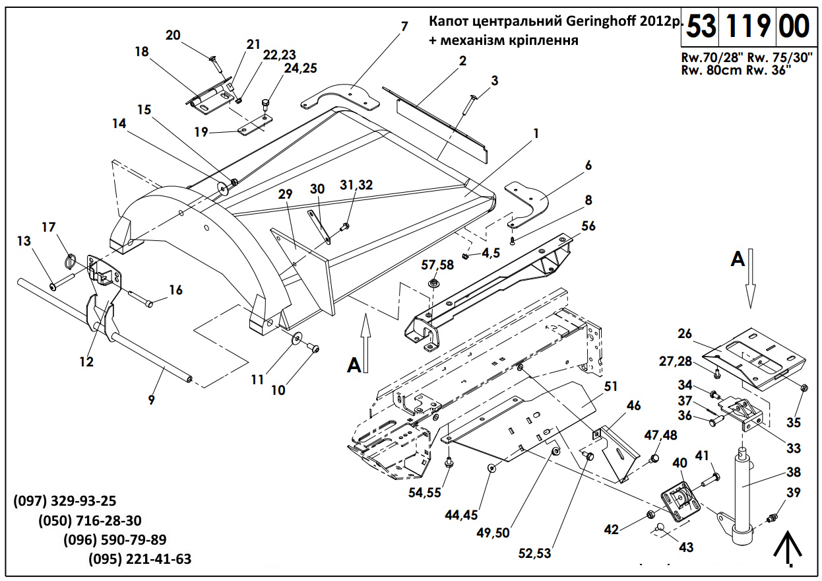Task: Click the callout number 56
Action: point(588,226)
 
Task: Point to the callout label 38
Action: point(793,473)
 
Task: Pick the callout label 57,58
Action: point(438,265)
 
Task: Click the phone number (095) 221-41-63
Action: point(140,559)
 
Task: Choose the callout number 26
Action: point(685,334)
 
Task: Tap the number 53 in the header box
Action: point(701,28)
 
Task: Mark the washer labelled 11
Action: point(298,339)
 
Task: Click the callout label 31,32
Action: point(356,186)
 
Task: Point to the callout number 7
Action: point(404,26)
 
